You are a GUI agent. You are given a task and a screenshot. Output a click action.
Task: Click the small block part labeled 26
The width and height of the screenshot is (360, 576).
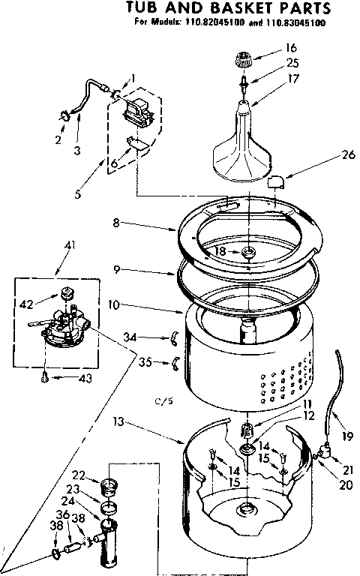point(276,181)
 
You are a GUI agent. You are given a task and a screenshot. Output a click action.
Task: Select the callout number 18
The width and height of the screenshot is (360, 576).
point(220,251)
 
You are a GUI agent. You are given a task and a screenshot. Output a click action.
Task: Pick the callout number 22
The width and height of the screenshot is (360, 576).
point(77,475)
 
